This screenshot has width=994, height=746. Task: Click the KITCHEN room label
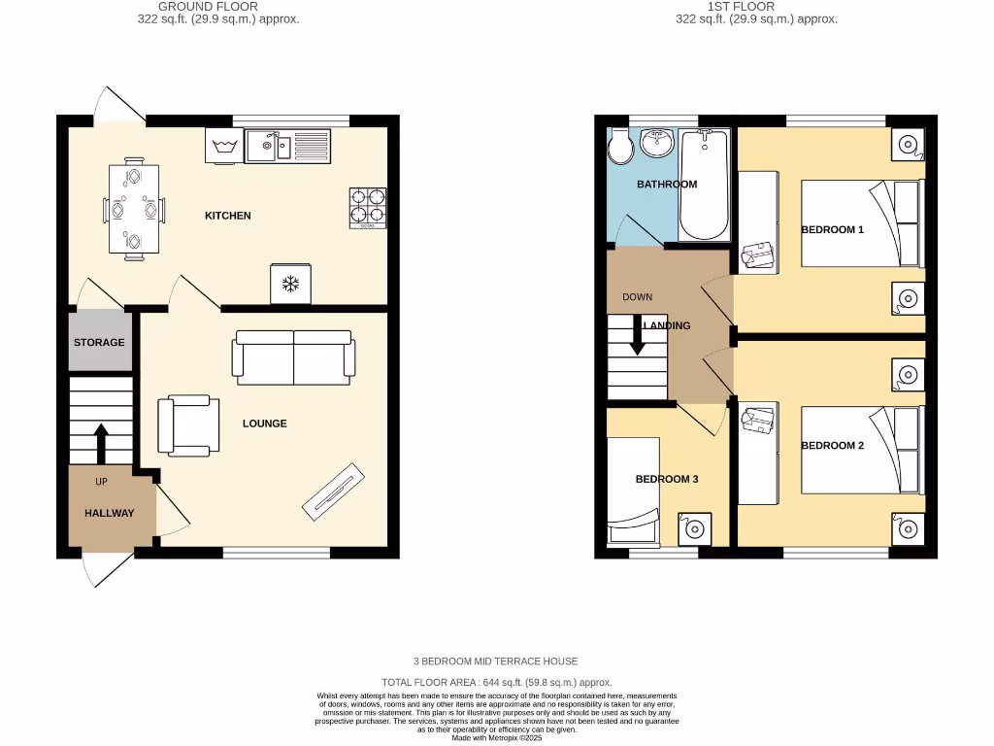[227, 216]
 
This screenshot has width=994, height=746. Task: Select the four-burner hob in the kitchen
[368, 207]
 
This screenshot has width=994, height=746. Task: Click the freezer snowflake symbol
[289, 284]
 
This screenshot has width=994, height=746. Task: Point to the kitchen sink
[269, 147]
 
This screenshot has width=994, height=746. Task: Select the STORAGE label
[99, 342]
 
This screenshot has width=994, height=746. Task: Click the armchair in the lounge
[187, 425]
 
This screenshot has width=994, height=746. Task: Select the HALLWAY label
[109, 513]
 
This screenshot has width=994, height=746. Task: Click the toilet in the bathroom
[619, 149]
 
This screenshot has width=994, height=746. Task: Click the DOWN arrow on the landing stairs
[639, 335]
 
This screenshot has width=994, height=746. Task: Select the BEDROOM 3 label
[667, 479]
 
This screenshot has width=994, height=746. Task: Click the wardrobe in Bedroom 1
[758, 219]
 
